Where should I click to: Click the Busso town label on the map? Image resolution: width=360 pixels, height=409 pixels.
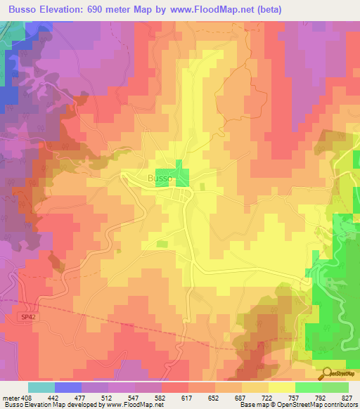[158, 178]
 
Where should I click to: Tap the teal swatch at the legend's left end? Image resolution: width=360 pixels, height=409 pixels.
[41, 387]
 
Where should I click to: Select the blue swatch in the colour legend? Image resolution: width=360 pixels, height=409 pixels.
[68, 387]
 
